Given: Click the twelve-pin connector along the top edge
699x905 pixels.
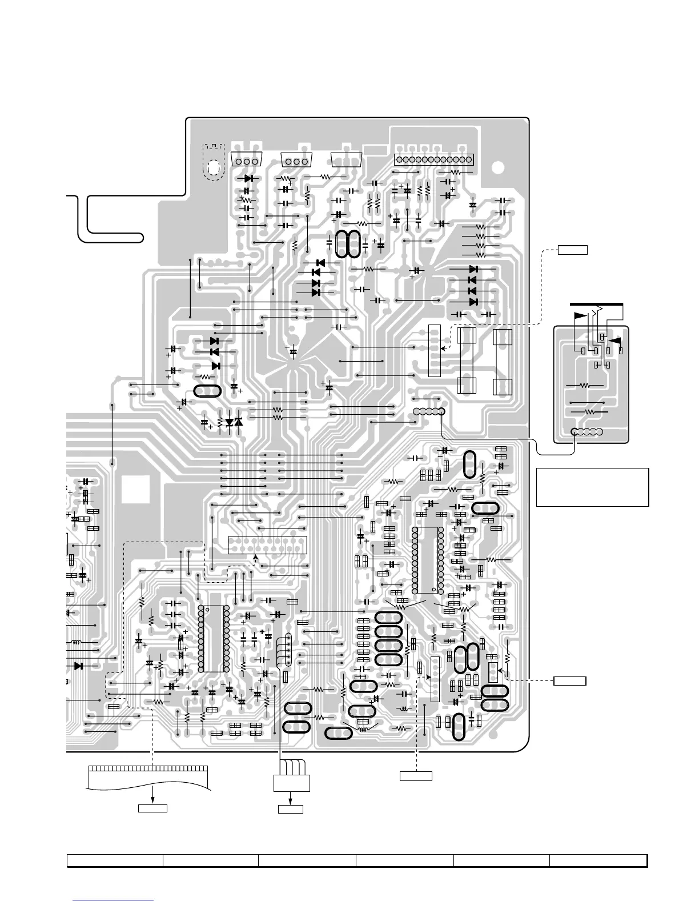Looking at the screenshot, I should [435, 159].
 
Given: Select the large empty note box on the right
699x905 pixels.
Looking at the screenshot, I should [592, 487].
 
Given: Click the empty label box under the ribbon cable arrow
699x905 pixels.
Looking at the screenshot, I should [153, 808].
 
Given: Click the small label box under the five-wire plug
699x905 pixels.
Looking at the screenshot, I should [290, 809].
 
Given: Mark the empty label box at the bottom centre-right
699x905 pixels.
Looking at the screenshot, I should [415, 775].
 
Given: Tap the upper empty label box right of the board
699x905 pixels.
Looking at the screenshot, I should [572, 249].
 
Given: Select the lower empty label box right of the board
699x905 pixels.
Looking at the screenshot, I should [570, 680].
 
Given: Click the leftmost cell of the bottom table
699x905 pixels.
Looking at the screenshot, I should [115, 860].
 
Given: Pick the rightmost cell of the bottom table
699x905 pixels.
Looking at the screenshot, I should [598, 860].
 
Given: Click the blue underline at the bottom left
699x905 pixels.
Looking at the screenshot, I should [114, 900].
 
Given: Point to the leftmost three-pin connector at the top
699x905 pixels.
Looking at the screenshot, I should [247, 161].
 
